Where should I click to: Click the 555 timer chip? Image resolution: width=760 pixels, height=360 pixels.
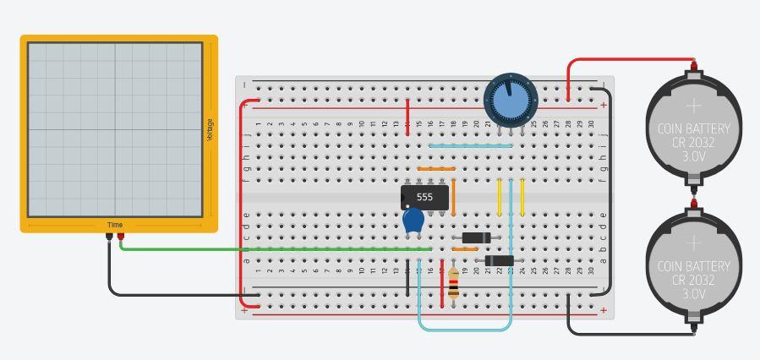pyautogui.click(x=424, y=198)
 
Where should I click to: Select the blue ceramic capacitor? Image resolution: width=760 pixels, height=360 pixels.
pyautogui.click(x=413, y=221)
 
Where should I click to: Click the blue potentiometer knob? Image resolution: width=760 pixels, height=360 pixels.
pyautogui.click(x=510, y=100)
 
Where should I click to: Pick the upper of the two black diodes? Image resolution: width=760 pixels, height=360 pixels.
pyautogui.click(x=476, y=237)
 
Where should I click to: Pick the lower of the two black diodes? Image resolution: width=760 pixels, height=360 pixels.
pyautogui.click(x=499, y=260)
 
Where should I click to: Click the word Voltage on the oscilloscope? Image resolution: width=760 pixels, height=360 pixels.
pyautogui.click(x=210, y=129)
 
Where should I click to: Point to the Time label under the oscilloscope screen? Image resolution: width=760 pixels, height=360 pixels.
pyautogui.click(x=115, y=225)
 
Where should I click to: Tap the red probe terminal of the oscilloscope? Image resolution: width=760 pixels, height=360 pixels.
pyautogui.click(x=120, y=237)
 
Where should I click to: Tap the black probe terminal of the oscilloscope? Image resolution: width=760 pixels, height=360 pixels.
pyautogui.click(x=109, y=237)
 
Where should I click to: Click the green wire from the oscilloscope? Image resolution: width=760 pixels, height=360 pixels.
pyautogui.click(x=271, y=249)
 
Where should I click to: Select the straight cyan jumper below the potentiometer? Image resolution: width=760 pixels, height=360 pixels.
pyautogui.click(x=470, y=145)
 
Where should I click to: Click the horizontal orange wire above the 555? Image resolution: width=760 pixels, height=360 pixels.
pyautogui.click(x=436, y=169)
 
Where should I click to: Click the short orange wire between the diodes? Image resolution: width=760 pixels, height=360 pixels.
pyautogui.click(x=465, y=249)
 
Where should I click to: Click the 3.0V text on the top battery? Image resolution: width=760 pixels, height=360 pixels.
pyautogui.click(x=693, y=157)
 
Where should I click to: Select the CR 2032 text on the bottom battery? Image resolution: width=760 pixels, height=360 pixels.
pyautogui.click(x=693, y=280)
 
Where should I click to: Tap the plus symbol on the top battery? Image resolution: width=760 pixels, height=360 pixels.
pyautogui.click(x=693, y=106)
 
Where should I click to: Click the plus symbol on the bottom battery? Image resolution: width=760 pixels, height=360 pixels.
pyautogui.click(x=693, y=243)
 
